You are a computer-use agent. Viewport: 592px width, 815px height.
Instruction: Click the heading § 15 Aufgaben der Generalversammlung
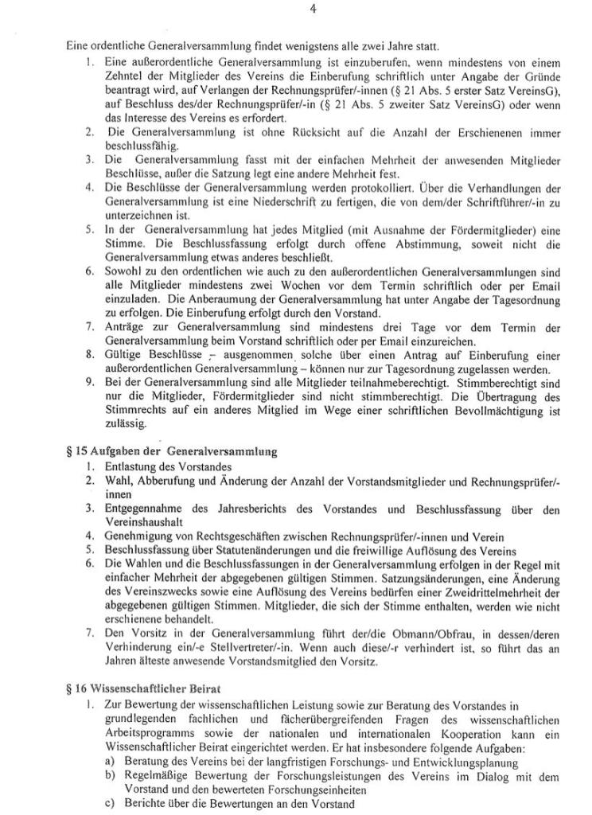click(172, 452)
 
